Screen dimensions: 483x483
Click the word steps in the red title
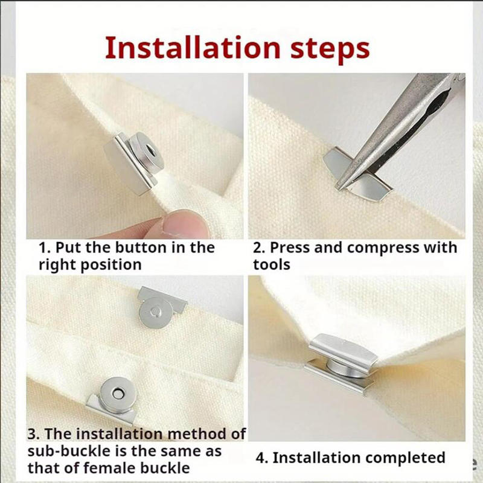[330, 50]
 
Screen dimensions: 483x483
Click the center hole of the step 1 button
[150, 151]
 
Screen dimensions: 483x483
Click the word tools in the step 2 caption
[272, 264]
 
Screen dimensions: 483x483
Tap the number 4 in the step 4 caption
[261, 458]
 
